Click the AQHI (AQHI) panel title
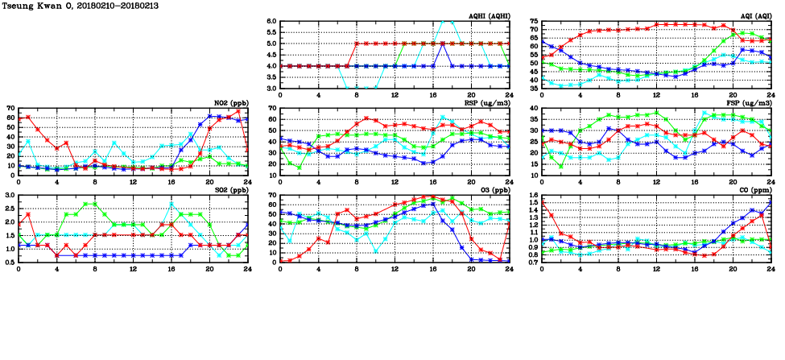[488, 15]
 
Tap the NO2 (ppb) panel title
[230, 102]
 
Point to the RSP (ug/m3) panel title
[486, 102]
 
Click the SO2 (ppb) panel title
[230, 189]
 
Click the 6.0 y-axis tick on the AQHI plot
[273, 22]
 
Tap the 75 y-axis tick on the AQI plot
[535, 22]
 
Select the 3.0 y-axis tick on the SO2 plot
[11, 196]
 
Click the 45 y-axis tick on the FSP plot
[535, 109]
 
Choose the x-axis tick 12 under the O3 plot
[395, 268]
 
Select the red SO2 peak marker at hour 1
[28, 214]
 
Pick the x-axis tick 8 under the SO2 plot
[95, 268]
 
